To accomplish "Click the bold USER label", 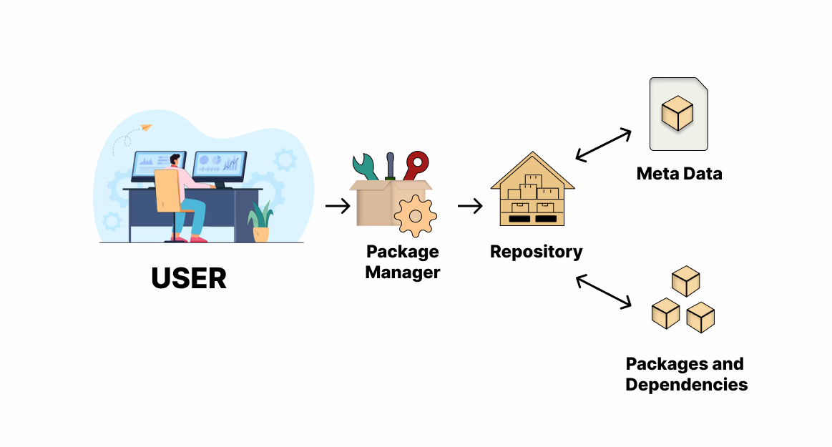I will click(x=189, y=277).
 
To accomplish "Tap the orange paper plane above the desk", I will click(x=146, y=128).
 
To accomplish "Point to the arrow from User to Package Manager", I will click(x=338, y=206).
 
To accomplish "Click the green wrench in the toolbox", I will click(x=366, y=169).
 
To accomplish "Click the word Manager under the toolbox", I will click(x=402, y=272).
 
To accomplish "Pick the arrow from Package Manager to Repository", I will click(x=470, y=206).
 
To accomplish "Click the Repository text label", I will click(x=536, y=252).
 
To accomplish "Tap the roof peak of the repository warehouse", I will click(x=533, y=155).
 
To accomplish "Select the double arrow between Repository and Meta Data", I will click(x=603, y=145).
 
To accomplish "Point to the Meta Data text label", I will click(x=679, y=173).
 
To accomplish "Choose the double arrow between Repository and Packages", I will click(x=603, y=292).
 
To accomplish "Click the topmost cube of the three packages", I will click(x=686, y=281).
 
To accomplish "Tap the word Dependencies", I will click(x=686, y=384).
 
